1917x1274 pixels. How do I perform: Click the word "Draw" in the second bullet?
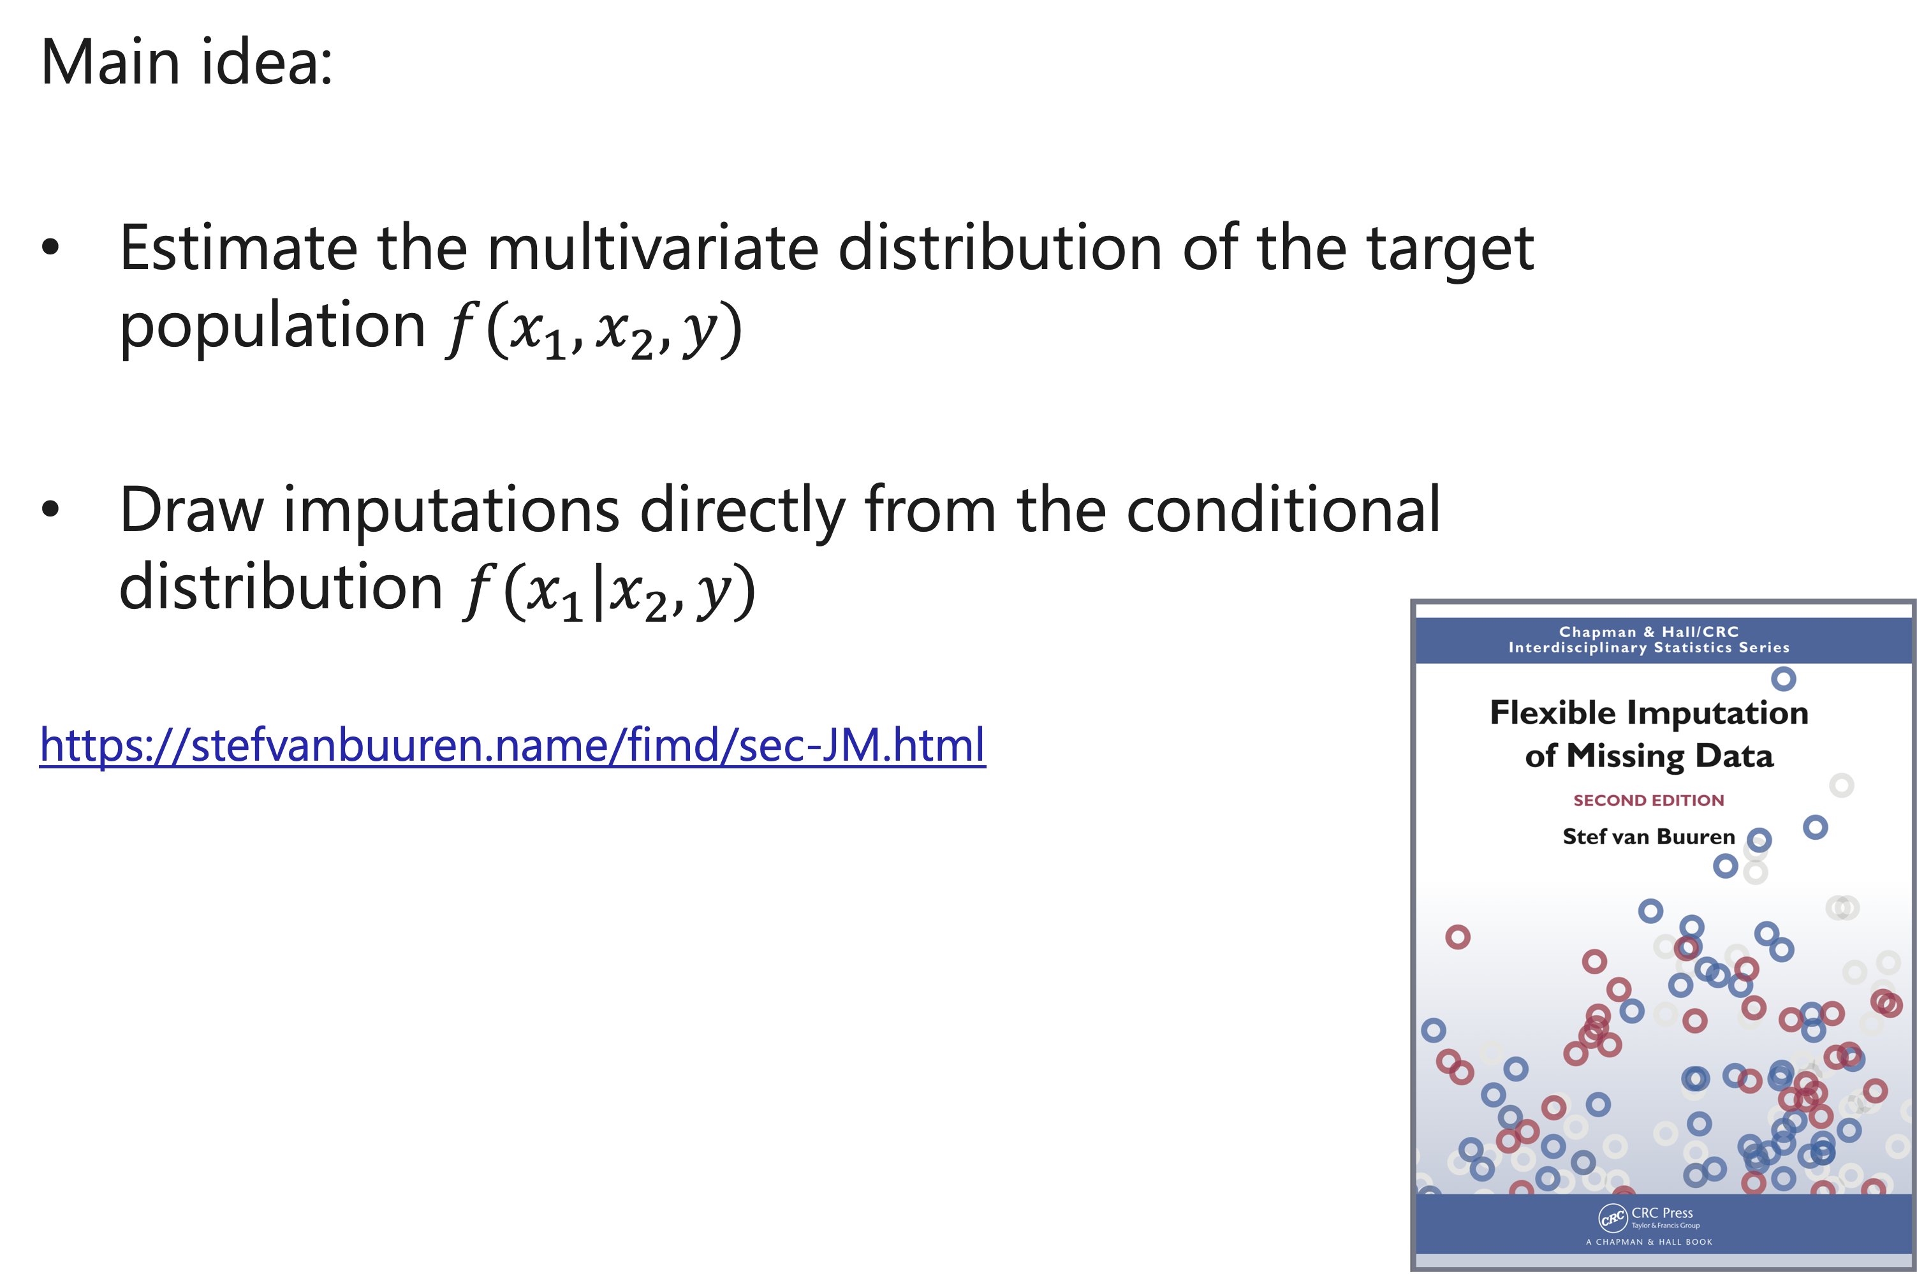[x=192, y=509]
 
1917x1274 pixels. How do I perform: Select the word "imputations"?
[x=452, y=513]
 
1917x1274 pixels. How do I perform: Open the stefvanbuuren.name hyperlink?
[x=513, y=744]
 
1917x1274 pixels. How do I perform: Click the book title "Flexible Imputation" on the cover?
[x=1649, y=713]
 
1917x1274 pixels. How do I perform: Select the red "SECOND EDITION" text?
[x=1648, y=800]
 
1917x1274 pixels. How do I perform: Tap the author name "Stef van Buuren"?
[x=1648, y=837]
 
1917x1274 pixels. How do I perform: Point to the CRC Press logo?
[x=1613, y=1218]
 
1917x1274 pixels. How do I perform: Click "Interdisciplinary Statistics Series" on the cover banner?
[x=1649, y=648]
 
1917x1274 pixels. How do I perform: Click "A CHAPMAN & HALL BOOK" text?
[x=1649, y=1241]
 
